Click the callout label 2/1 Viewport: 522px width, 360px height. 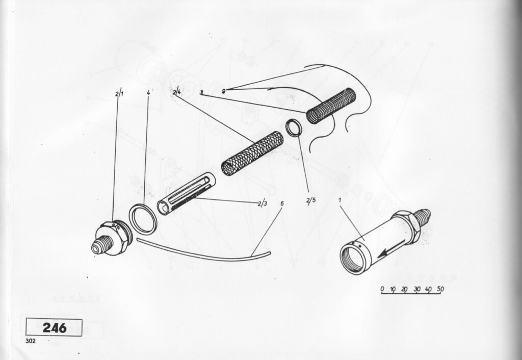(119, 94)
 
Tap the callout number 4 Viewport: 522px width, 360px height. (148, 92)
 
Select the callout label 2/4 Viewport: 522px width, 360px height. (177, 92)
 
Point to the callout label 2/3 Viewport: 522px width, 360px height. (263, 203)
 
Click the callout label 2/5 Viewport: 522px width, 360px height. (311, 200)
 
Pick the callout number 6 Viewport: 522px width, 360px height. (282, 203)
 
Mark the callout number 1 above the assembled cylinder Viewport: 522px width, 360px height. (340, 200)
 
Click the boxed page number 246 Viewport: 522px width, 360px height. (54, 328)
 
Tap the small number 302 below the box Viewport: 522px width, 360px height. (30, 341)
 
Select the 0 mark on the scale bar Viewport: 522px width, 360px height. (382, 289)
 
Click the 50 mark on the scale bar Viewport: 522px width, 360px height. (440, 289)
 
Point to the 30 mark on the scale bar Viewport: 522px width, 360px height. (417, 289)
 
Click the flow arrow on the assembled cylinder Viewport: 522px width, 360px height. (391, 249)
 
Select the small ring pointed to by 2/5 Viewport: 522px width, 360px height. (294, 127)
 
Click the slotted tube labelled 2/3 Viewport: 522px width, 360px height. (186, 193)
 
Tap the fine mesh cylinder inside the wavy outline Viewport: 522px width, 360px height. (331, 106)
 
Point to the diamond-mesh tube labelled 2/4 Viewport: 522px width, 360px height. (252, 153)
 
